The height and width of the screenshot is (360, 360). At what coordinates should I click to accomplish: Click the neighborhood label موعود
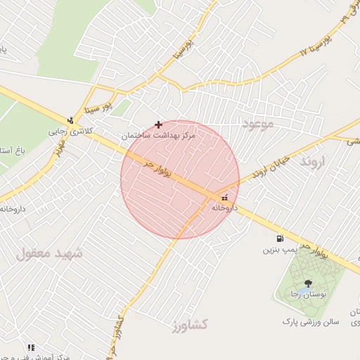(x=262, y=124)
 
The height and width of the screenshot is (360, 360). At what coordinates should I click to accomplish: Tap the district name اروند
(x=314, y=162)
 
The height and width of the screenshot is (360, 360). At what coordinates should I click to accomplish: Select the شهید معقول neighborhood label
(x=49, y=253)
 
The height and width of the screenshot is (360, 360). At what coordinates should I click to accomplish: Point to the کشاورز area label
(x=189, y=325)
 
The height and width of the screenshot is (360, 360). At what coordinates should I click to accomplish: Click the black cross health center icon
(x=158, y=124)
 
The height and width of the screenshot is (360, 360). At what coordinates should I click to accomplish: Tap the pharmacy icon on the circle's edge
(x=224, y=198)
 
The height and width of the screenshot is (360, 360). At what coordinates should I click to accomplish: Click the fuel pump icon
(x=281, y=238)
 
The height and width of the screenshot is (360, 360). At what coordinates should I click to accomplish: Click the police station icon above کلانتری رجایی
(x=70, y=120)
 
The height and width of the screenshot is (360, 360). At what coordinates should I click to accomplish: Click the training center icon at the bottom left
(x=31, y=347)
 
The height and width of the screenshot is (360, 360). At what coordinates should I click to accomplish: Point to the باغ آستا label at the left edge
(x=13, y=151)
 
